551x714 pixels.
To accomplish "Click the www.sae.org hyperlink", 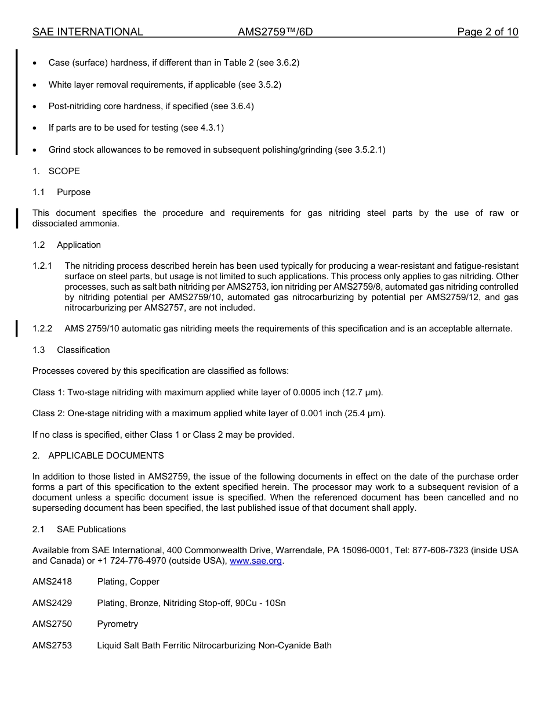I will pyautogui.click(x=256, y=561).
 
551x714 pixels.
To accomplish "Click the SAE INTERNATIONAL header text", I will pyautogui.click(x=88, y=32).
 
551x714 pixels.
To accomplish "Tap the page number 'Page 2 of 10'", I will pyautogui.click(x=487, y=32).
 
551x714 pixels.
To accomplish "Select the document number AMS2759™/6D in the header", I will pyautogui.click(x=275, y=32).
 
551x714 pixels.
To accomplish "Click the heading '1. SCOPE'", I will pyautogui.click(x=56, y=171).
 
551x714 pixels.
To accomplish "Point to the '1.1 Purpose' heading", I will pyautogui.click(x=61, y=192).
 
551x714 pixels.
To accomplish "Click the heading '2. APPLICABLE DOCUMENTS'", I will pyautogui.click(x=98, y=456).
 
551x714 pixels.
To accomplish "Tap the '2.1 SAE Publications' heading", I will pyautogui.click(x=79, y=529).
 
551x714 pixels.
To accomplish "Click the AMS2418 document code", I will pyautogui.click(x=52, y=582).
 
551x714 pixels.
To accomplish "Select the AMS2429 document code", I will pyautogui.click(x=52, y=603).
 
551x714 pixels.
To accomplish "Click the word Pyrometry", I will pyautogui.click(x=118, y=624).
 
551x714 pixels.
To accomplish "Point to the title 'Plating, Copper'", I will pyautogui.click(x=128, y=582).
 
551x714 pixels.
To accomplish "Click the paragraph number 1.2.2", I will pyautogui.click(x=42, y=329).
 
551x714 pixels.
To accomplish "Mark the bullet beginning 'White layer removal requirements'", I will pyautogui.click(x=165, y=85).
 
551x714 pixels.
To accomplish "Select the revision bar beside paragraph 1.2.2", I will pyautogui.click(x=17, y=329).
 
